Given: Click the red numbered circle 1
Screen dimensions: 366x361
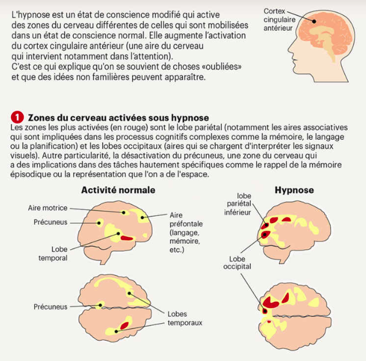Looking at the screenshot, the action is click(x=17, y=117).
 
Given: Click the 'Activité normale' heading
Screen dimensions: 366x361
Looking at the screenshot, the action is click(x=118, y=190).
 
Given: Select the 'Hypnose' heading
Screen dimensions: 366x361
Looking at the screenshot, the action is click(x=294, y=190).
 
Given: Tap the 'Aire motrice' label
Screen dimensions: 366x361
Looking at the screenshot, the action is click(x=48, y=208).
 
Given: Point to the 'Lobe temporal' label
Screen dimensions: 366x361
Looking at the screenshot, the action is click(x=53, y=254).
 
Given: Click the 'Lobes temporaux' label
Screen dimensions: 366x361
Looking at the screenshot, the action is click(x=185, y=318).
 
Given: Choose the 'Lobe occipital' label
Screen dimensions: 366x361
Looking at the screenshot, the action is click(x=237, y=263).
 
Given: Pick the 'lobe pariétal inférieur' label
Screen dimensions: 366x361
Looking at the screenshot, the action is click(x=238, y=204).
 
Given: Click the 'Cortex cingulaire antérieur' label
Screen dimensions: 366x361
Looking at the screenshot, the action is click(x=279, y=20).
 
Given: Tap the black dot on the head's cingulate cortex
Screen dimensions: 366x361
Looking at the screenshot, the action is click(x=314, y=21).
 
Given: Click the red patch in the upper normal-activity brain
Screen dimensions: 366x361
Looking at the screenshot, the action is click(x=127, y=238).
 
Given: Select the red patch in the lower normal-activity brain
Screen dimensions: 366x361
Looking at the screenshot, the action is click(x=124, y=325).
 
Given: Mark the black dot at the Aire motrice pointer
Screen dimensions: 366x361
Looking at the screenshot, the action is click(x=124, y=212).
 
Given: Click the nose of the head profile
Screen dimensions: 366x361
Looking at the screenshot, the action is click(x=290, y=49).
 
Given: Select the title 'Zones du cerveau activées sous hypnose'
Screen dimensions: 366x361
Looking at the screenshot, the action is click(x=118, y=118).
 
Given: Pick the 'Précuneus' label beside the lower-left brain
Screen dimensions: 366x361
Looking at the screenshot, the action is click(x=50, y=307).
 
